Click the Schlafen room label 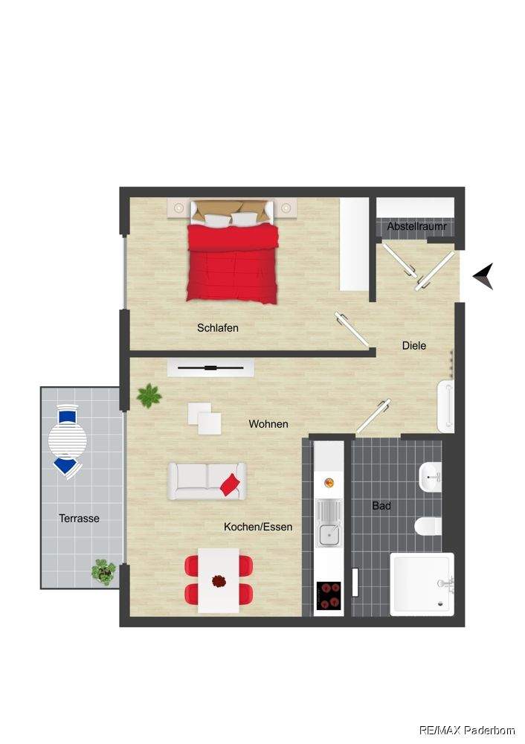[218, 328]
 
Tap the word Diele [414, 346]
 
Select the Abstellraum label [417, 226]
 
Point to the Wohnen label [268, 424]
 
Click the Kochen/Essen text [258, 527]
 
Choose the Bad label [381, 506]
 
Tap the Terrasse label [80, 518]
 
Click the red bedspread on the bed [232, 263]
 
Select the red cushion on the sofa [230, 484]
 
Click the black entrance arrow [484, 276]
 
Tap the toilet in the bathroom [428, 526]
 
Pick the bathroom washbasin [431, 477]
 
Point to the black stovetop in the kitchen [329, 595]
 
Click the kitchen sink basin [328, 535]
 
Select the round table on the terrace [68, 440]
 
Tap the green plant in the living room [149, 396]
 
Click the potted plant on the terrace [103, 571]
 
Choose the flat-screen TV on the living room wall [210, 368]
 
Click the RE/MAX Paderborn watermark [467, 730]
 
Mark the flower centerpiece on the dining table [219, 581]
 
